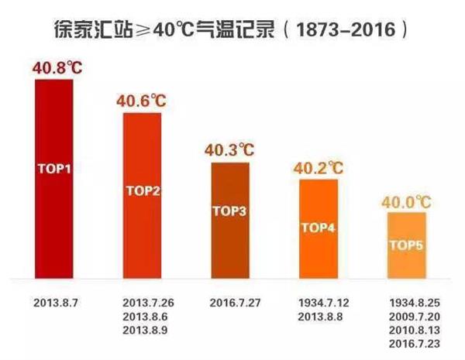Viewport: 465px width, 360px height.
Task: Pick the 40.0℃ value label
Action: point(406,202)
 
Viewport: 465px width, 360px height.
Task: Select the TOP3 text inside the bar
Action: point(230,210)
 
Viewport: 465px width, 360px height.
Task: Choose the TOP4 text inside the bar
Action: point(318,227)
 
